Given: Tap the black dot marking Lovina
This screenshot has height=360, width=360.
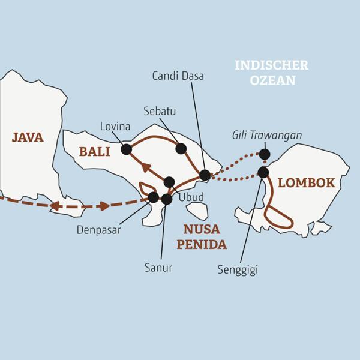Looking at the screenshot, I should tap(126, 149).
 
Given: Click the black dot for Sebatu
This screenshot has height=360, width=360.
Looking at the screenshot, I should tap(181, 148).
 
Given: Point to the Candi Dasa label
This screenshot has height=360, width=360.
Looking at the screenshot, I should tap(178, 76).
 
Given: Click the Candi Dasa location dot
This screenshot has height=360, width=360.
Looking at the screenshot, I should tap(205, 175).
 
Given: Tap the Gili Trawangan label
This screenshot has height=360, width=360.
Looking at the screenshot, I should tap(266, 135).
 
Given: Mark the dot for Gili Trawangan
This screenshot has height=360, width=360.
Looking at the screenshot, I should tap(264, 154).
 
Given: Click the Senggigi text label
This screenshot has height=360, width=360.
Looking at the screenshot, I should tap(238, 270).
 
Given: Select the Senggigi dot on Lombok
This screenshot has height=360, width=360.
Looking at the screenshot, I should tap(263, 172).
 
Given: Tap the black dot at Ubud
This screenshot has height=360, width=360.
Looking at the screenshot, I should tap(169, 182).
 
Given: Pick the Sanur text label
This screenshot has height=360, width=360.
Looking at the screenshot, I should tap(159, 268).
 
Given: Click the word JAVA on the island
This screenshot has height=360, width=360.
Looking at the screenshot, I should tap(28, 137).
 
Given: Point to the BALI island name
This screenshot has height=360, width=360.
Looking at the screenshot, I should tap(94, 152).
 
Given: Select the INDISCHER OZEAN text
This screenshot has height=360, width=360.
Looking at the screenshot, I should tap(271, 72).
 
